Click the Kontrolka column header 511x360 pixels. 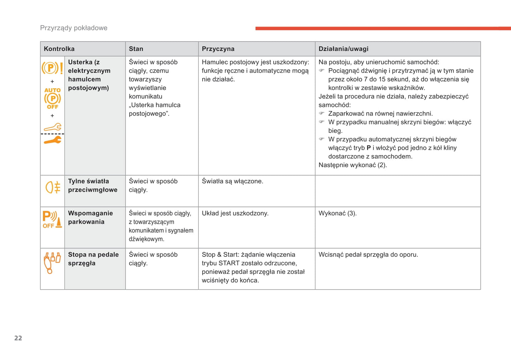59,49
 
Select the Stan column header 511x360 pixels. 136,49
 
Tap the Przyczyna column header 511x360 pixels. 218,49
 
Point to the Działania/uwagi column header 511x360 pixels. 343,49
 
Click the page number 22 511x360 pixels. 18,338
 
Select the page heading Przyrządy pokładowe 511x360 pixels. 74,28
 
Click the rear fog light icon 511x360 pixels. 53,187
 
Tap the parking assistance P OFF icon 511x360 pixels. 52,219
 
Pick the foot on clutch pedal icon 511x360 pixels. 52,263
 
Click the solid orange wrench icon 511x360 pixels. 52,140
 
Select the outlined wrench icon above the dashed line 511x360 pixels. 52,127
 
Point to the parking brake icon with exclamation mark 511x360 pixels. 52,67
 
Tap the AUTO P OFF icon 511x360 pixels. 52,99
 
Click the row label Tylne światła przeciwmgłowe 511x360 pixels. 93,185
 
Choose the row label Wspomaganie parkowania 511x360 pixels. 91,217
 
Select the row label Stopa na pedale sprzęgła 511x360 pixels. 93,259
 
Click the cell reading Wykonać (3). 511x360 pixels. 337,213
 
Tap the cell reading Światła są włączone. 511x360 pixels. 232,181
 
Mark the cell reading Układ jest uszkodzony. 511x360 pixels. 235,213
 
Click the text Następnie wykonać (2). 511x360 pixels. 353,165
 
